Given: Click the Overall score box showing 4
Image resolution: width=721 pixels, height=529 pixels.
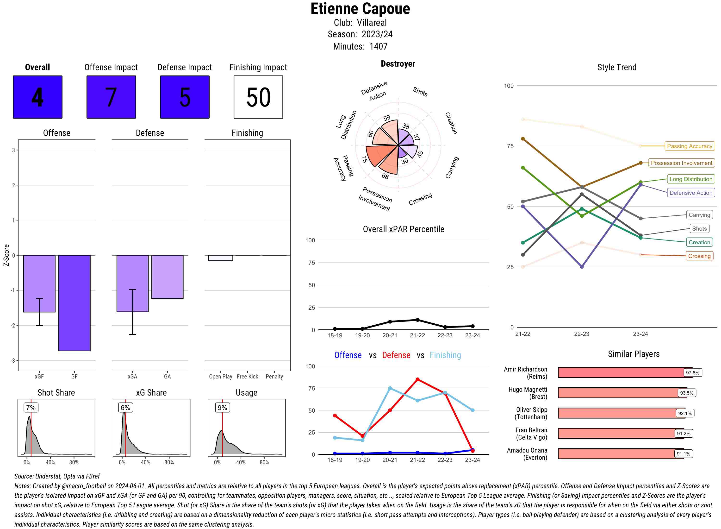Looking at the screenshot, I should (x=37, y=97).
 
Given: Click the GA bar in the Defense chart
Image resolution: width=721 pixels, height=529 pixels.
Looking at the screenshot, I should (x=167, y=277).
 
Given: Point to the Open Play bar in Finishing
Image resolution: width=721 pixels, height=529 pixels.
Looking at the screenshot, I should (x=220, y=258).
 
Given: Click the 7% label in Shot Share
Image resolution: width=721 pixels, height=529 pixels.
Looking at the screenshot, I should (x=31, y=408).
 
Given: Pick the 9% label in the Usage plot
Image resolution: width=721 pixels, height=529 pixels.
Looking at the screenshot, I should (x=222, y=408).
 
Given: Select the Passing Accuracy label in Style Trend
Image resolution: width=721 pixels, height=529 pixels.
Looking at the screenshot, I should (x=689, y=146).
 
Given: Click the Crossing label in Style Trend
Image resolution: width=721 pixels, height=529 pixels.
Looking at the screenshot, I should (x=699, y=256).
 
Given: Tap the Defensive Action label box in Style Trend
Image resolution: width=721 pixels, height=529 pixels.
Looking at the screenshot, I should (x=691, y=193).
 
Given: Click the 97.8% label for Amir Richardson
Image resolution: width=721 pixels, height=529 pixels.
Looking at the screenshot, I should (x=692, y=373).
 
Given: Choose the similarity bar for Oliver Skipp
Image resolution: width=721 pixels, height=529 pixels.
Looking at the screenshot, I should (x=616, y=413).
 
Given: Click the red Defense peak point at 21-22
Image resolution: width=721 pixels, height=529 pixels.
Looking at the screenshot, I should (x=417, y=379).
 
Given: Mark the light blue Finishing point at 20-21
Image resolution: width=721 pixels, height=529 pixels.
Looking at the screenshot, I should (x=390, y=388).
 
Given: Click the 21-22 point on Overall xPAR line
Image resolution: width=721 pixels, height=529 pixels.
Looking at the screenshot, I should (x=417, y=320).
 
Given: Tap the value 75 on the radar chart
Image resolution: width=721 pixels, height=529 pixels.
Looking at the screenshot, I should (x=364, y=159).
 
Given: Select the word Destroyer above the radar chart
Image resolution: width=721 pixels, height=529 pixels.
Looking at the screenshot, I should (x=398, y=64).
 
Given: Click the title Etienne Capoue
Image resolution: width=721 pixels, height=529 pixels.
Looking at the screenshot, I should (x=360, y=9).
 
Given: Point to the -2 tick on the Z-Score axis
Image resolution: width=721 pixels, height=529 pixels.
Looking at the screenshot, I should (x=13, y=325).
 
